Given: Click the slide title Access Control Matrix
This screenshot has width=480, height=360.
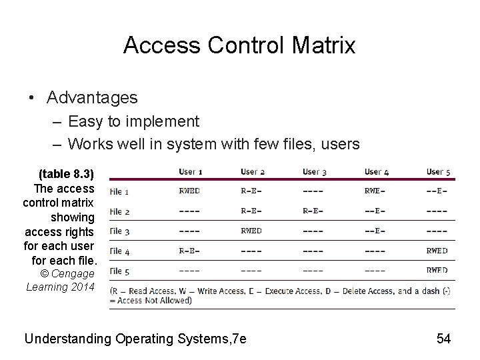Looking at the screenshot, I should coord(239,45).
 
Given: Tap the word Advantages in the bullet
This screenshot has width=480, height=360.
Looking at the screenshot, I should coord(92,98).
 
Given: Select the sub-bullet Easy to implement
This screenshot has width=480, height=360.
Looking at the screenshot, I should coord(133,121).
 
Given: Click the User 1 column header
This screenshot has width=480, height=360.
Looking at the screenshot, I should coord(191,172).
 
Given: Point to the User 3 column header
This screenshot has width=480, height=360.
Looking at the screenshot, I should coord(314,172).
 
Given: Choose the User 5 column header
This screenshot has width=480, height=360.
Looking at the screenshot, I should coord(438,172).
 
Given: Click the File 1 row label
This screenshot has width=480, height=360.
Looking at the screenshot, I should coord(119,192).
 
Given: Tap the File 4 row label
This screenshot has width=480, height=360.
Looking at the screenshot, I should coord(119,251).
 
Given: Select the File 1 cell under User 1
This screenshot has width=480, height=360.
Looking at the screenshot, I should coord(189,191).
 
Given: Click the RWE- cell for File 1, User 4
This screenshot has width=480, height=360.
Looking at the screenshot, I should coord(376,191).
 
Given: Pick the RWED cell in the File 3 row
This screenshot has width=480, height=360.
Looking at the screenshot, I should coord(252,231).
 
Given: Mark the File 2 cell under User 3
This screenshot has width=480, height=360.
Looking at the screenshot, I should coord(313,211).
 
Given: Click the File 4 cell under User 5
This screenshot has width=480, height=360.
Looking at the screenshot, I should coord(437,251).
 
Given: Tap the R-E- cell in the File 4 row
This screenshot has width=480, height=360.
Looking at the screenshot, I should coord(189,251).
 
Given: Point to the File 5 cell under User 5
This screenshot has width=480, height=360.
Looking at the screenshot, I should coord(437,271).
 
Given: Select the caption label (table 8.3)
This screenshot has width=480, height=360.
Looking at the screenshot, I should coord(67,175).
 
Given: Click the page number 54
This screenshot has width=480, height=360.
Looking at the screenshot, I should coord(443,339).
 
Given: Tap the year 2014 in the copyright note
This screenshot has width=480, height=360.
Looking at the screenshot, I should coord(81,287).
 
